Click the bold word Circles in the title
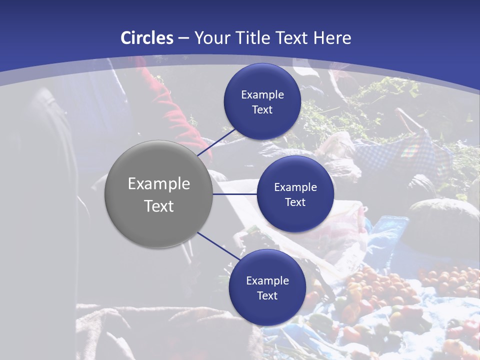146,38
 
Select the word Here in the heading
332,38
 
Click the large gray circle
159,194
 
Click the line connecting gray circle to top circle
217,142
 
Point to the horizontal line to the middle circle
235,194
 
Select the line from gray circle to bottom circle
219,246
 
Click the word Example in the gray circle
159,183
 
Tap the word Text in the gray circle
159,205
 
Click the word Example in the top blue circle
262,94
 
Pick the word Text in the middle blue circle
295,202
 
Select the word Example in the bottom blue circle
267,280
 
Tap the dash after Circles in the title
183,38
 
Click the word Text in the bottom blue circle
267,295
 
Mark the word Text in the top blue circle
262,109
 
